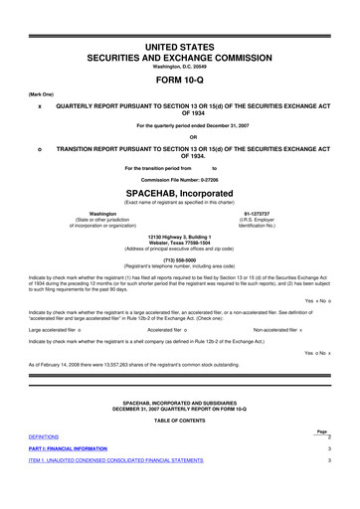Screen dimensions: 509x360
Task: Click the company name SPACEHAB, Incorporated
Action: [x=179, y=189]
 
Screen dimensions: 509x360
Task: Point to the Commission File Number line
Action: [x=179, y=178]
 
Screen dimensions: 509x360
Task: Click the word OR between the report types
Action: [x=179, y=137]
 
